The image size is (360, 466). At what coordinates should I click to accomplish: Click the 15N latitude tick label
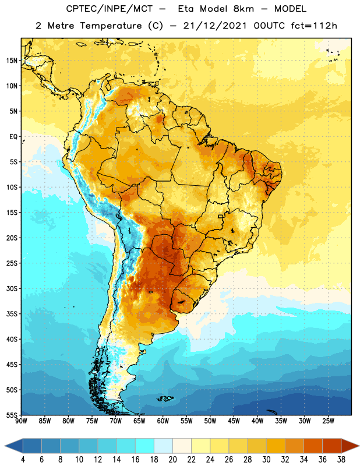[x=12, y=61]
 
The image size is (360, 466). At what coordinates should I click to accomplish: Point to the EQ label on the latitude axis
[x=13, y=137]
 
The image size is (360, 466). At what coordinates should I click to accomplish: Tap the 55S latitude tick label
[x=12, y=415]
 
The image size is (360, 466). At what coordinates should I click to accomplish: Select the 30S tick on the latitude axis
[x=12, y=288]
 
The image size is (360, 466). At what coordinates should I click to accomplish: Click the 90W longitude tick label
[x=21, y=421]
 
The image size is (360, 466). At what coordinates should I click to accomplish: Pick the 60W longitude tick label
[x=163, y=421]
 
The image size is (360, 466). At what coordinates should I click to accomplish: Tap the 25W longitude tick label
[x=328, y=421]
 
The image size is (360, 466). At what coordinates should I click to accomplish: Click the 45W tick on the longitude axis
[x=234, y=421]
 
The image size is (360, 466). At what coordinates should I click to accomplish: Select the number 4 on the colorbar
[x=23, y=460]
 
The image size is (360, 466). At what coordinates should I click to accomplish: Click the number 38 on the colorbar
[x=341, y=460]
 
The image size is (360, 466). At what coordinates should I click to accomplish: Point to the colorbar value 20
[x=172, y=460]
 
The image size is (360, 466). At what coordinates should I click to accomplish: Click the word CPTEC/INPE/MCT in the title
[x=109, y=9]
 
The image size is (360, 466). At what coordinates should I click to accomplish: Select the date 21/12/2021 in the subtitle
[x=214, y=26]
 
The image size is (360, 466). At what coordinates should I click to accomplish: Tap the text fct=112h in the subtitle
[x=314, y=26]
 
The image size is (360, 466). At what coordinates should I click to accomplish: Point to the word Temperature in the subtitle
[x=111, y=26]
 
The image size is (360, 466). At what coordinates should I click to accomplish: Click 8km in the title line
[x=243, y=9]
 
